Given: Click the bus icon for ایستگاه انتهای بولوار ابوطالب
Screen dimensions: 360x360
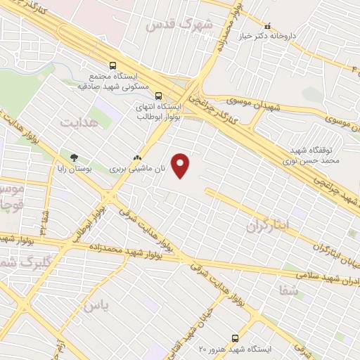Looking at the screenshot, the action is [x=157, y=96].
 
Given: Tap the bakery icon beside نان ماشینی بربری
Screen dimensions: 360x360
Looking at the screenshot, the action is [x=137, y=159].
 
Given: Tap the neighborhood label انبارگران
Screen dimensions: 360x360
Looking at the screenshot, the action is [x=269, y=226].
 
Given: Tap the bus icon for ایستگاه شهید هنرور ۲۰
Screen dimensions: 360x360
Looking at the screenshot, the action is [x=235, y=339].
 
